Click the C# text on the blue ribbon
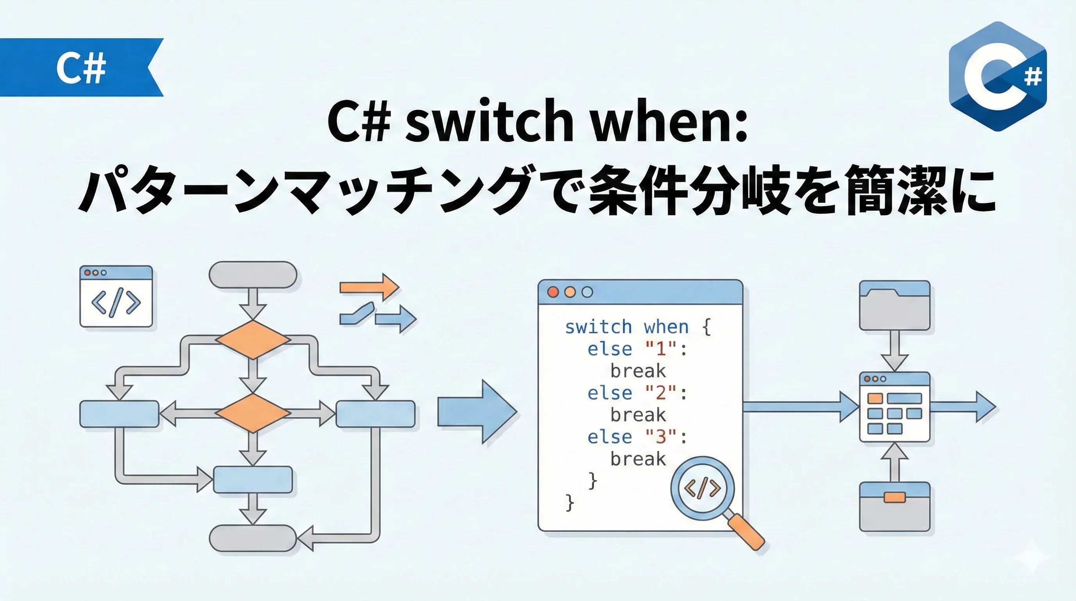coord(81,68)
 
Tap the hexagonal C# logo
coord(997,76)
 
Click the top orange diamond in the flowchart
coord(253,339)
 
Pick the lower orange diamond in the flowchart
coord(253,413)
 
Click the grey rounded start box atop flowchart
coord(253,275)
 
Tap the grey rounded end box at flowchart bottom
coord(253,538)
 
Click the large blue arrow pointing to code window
coord(477,412)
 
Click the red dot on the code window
coord(553,292)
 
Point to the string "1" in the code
coord(660,349)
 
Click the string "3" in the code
coord(660,437)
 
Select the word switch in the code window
coord(598,327)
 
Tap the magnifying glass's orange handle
coord(748,532)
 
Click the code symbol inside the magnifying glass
coord(702,488)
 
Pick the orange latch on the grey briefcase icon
coord(895,497)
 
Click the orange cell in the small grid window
coord(875,398)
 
